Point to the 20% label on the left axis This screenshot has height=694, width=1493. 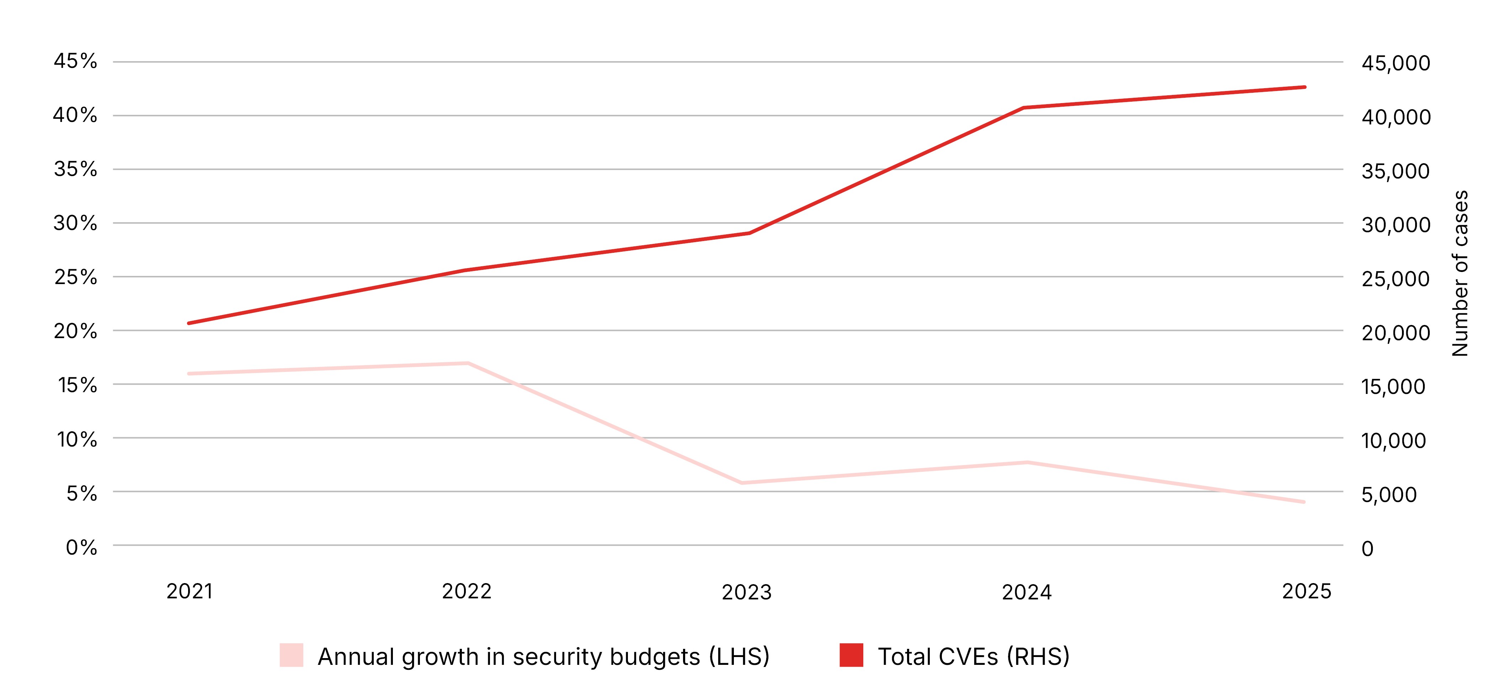pos(75,331)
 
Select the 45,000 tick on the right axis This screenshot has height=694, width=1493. pos(1396,63)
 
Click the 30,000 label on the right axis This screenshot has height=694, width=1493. pos(1396,225)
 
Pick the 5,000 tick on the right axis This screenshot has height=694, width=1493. pos(1389,495)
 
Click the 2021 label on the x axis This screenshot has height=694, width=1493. pos(190,592)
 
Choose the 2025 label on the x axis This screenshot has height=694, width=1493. pos(1306,592)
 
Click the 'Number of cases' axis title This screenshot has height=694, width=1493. pos(1460,273)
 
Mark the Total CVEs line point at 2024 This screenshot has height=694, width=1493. pos(1025,108)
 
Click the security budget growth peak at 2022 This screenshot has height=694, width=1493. pos(468,363)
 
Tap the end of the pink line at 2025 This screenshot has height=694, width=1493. pos(1304,502)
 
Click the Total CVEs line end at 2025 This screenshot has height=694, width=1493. pos(1305,87)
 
